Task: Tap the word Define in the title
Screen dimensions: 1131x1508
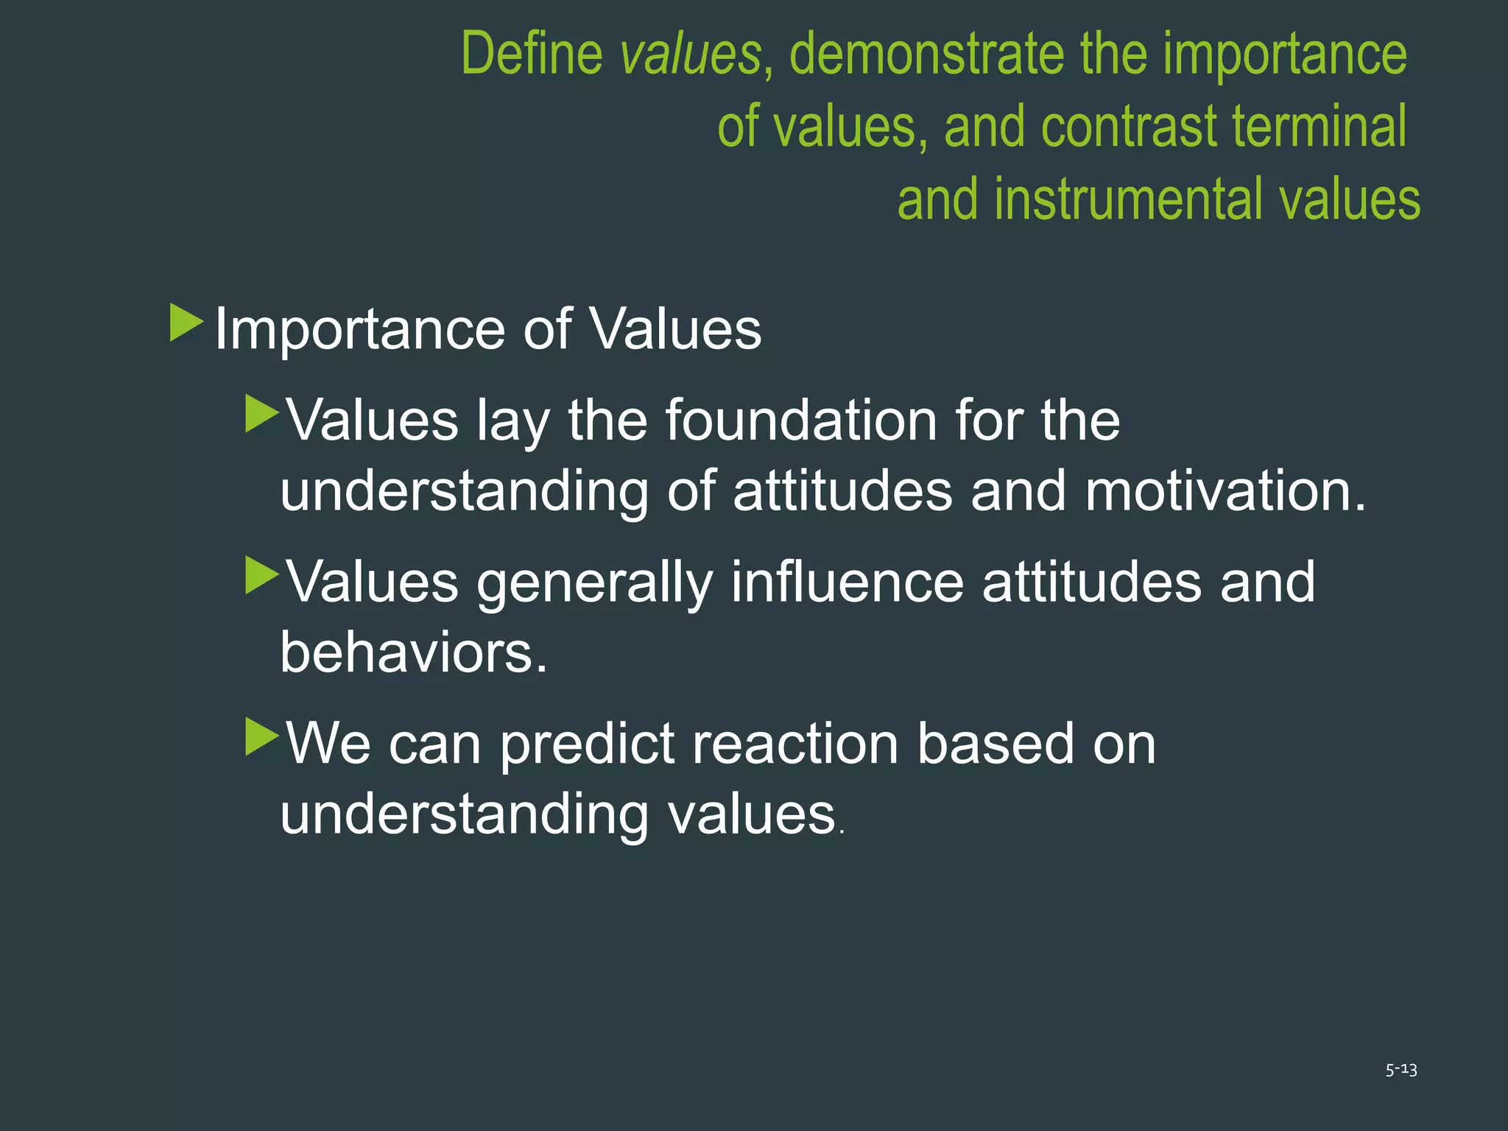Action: click(532, 54)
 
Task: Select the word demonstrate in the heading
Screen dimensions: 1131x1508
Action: click(927, 54)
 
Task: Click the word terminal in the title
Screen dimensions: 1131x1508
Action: click(1319, 127)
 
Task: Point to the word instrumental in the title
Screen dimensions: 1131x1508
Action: click(1130, 200)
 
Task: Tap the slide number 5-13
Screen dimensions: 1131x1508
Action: click(1400, 1070)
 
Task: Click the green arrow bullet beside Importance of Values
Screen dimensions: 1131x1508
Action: click(186, 323)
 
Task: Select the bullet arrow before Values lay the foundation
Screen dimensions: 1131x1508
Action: click(261, 414)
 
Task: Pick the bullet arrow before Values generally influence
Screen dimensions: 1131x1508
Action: click(261, 575)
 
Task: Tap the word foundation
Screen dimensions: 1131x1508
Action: click(801, 420)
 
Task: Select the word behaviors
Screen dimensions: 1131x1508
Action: click(413, 652)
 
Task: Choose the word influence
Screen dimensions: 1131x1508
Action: click(848, 582)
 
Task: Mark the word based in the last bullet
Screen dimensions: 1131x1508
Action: click(996, 743)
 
